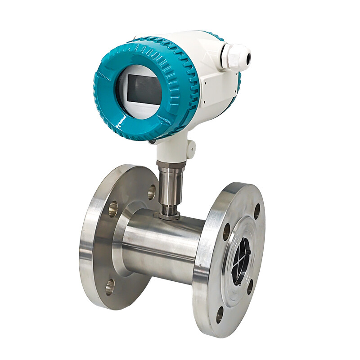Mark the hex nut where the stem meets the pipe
169,216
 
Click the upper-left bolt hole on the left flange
112,207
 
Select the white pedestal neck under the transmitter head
173,151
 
